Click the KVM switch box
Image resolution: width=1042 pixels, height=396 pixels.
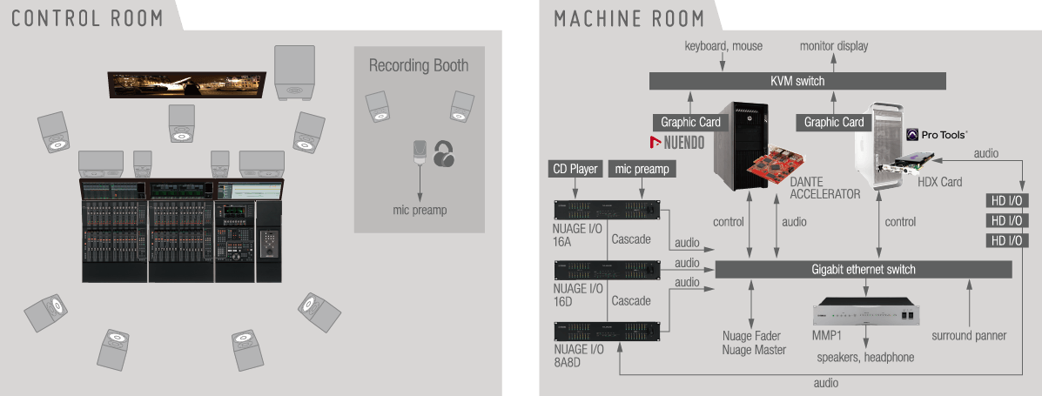click(x=797, y=81)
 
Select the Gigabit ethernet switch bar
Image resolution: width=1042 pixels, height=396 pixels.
click(x=863, y=269)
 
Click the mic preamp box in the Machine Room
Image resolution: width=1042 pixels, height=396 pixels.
click(x=642, y=169)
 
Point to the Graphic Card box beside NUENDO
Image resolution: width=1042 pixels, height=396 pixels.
click(x=690, y=123)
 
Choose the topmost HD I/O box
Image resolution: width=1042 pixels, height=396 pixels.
click(x=1007, y=200)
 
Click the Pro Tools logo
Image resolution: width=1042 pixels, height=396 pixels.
click(x=937, y=135)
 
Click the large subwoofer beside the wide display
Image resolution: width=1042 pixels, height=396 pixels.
click(x=295, y=74)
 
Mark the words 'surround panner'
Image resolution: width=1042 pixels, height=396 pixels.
click(x=968, y=336)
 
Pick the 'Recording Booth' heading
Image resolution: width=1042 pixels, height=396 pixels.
click(x=419, y=65)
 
